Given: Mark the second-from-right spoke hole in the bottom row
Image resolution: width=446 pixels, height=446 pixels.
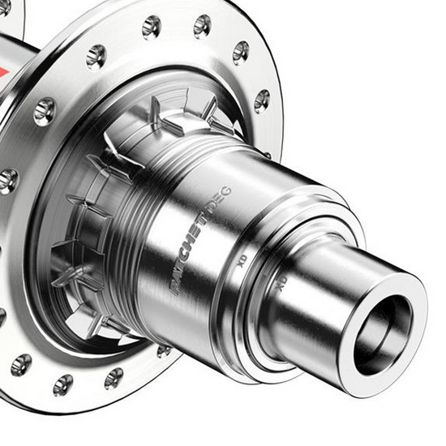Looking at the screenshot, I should click(114, 378).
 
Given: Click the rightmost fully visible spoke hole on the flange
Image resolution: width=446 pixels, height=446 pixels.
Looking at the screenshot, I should click(261, 101).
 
